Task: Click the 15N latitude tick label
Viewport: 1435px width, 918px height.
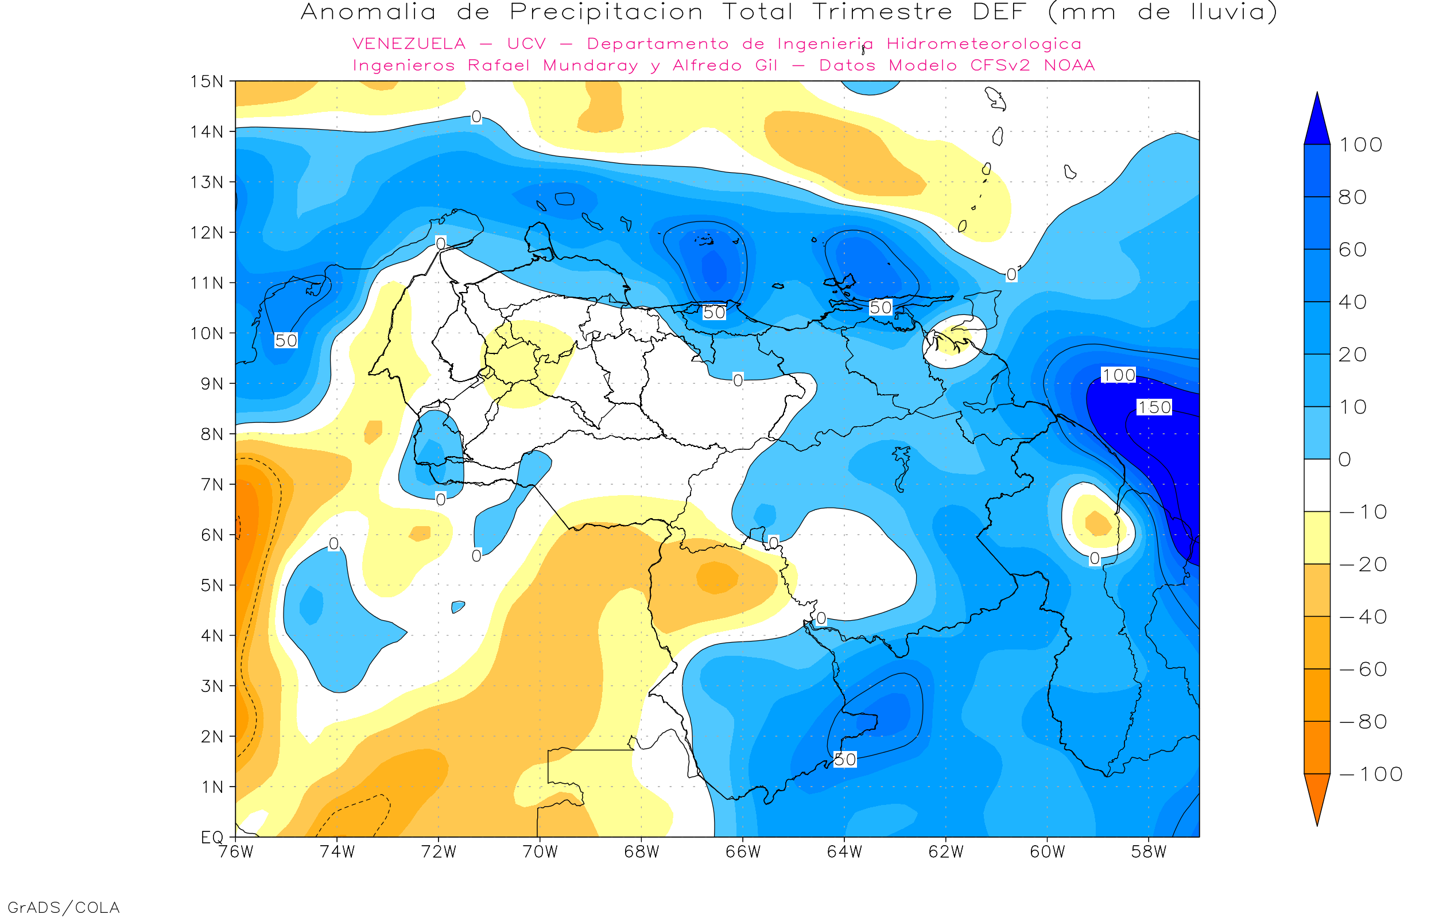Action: coord(206,81)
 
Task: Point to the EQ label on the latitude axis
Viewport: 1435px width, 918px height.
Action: coord(212,837)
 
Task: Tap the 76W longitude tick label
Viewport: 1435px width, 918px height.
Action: coord(235,852)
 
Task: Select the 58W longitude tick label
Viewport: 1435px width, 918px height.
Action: coord(1148,852)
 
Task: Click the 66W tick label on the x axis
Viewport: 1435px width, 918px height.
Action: coord(743,852)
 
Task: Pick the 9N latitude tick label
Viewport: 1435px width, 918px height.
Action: coord(212,383)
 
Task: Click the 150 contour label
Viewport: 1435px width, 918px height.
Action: coord(1154,407)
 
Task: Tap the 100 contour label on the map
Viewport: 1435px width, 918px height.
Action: coord(1118,375)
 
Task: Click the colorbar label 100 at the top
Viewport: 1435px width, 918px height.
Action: coord(1360,145)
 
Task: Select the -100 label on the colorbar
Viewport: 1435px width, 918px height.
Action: coord(1371,774)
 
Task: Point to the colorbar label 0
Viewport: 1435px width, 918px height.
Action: coord(1344,459)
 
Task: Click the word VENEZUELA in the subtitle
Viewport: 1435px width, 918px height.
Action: coord(409,44)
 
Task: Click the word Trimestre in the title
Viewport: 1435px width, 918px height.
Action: coord(882,12)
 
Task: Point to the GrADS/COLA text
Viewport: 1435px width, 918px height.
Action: coord(64,907)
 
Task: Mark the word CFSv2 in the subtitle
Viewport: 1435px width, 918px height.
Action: coord(1000,65)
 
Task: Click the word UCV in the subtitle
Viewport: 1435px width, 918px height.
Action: coord(526,44)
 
